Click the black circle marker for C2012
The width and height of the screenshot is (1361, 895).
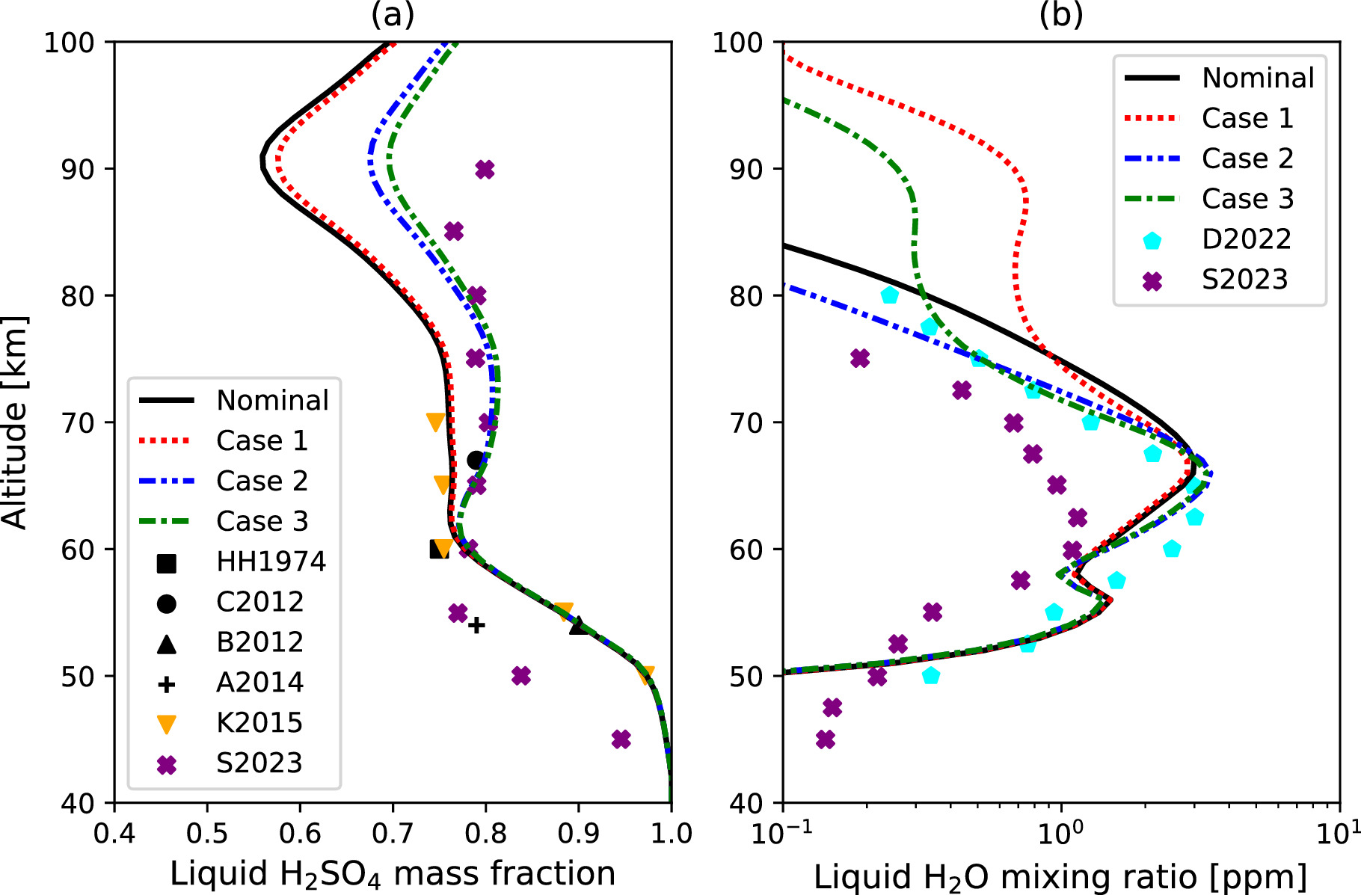pyautogui.click(x=476, y=460)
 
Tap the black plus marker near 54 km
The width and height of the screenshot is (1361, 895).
pyautogui.click(x=476, y=624)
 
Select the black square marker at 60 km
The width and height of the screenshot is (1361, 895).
pyautogui.click(x=438, y=550)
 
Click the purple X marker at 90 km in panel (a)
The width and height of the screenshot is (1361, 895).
pyautogui.click(x=485, y=170)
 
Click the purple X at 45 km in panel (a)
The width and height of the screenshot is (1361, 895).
pyautogui.click(x=621, y=739)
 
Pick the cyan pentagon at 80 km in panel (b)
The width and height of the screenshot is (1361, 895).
pyautogui.click(x=889, y=295)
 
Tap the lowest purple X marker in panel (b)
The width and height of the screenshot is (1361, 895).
pyautogui.click(x=826, y=739)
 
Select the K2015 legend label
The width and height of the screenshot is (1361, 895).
pyautogui.click(x=259, y=723)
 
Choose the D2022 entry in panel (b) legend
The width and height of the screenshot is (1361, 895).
pyautogui.click(x=1247, y=239)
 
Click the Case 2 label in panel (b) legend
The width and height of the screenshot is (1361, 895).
pyautogui.click(x=1247, y=159)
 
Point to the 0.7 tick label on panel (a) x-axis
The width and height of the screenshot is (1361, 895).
pyautogui.click(x=393, y=833)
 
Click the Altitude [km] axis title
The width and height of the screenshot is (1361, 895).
pyautogui.click(x=15, y=422)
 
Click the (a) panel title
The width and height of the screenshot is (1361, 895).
pyautogui.click(x=393, y=15)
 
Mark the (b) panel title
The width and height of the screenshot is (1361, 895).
pyautogui.click(x=1061, y=15)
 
